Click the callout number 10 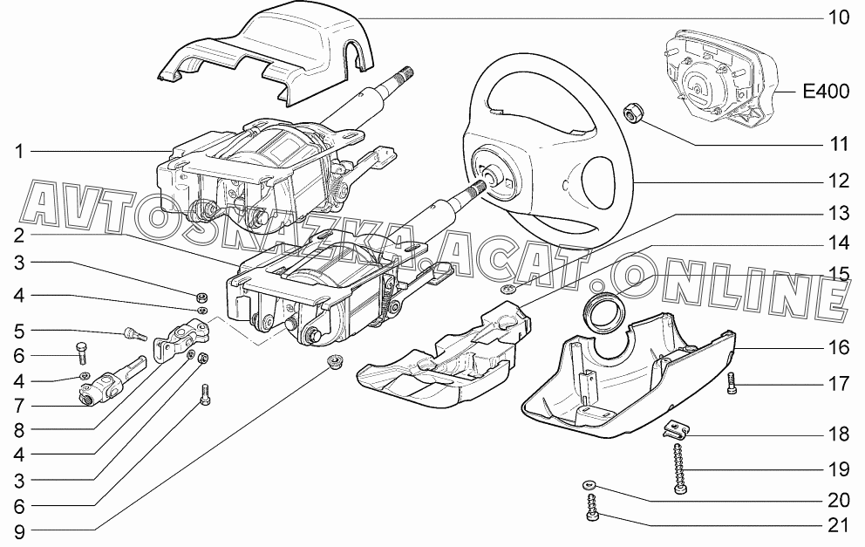[839, 17]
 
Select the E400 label [826, 91]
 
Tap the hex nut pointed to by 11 [631, 113]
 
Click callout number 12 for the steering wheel [839, 181]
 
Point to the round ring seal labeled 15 [606, 311]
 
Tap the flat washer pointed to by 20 [589, 486]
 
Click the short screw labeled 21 [592, 509]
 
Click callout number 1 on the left [19, 151]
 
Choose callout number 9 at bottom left [19, 531]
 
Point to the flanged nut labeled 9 [332, 362]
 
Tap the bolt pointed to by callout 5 [133, 333]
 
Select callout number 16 [839, 347]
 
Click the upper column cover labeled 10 [267, 55]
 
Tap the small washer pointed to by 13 [507, 289]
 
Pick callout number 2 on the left [19, 236]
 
